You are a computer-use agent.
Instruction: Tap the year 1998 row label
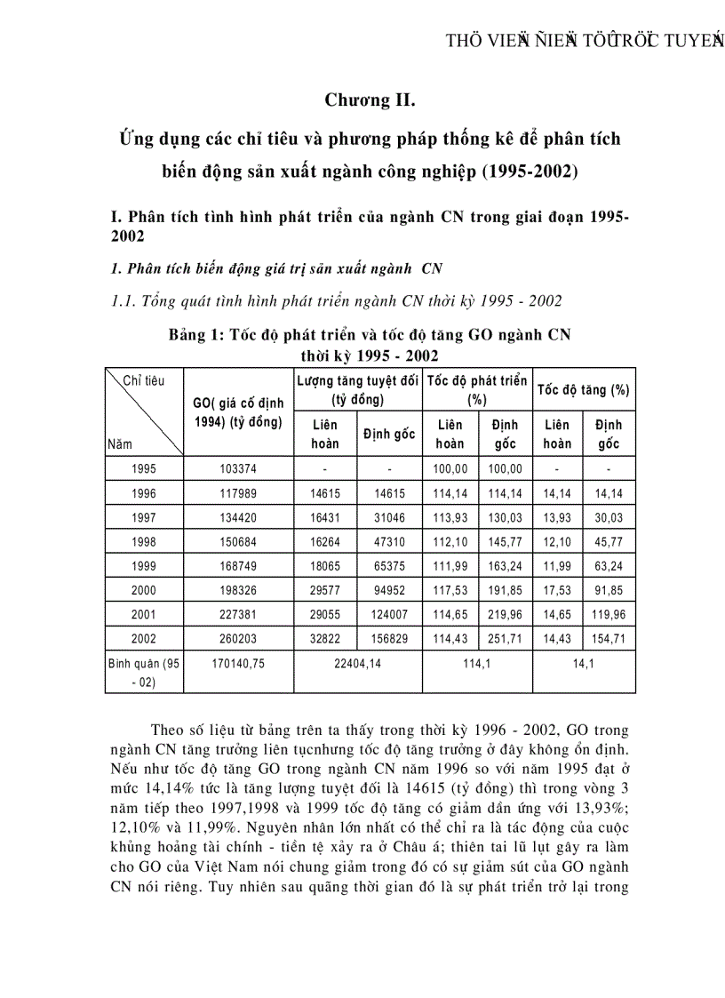click(143, 540)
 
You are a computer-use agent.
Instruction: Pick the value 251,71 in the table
click(506, 637)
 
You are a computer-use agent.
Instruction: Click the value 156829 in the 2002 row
click(387, 637)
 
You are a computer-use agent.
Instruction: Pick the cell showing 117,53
click(450, 589)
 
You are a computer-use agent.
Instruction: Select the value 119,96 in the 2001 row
click(609, 613)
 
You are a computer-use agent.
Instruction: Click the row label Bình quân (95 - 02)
click(143, 670)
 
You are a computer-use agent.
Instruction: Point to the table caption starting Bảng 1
click(370, 335)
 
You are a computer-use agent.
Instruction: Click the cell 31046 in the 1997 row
click(387, 516)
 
